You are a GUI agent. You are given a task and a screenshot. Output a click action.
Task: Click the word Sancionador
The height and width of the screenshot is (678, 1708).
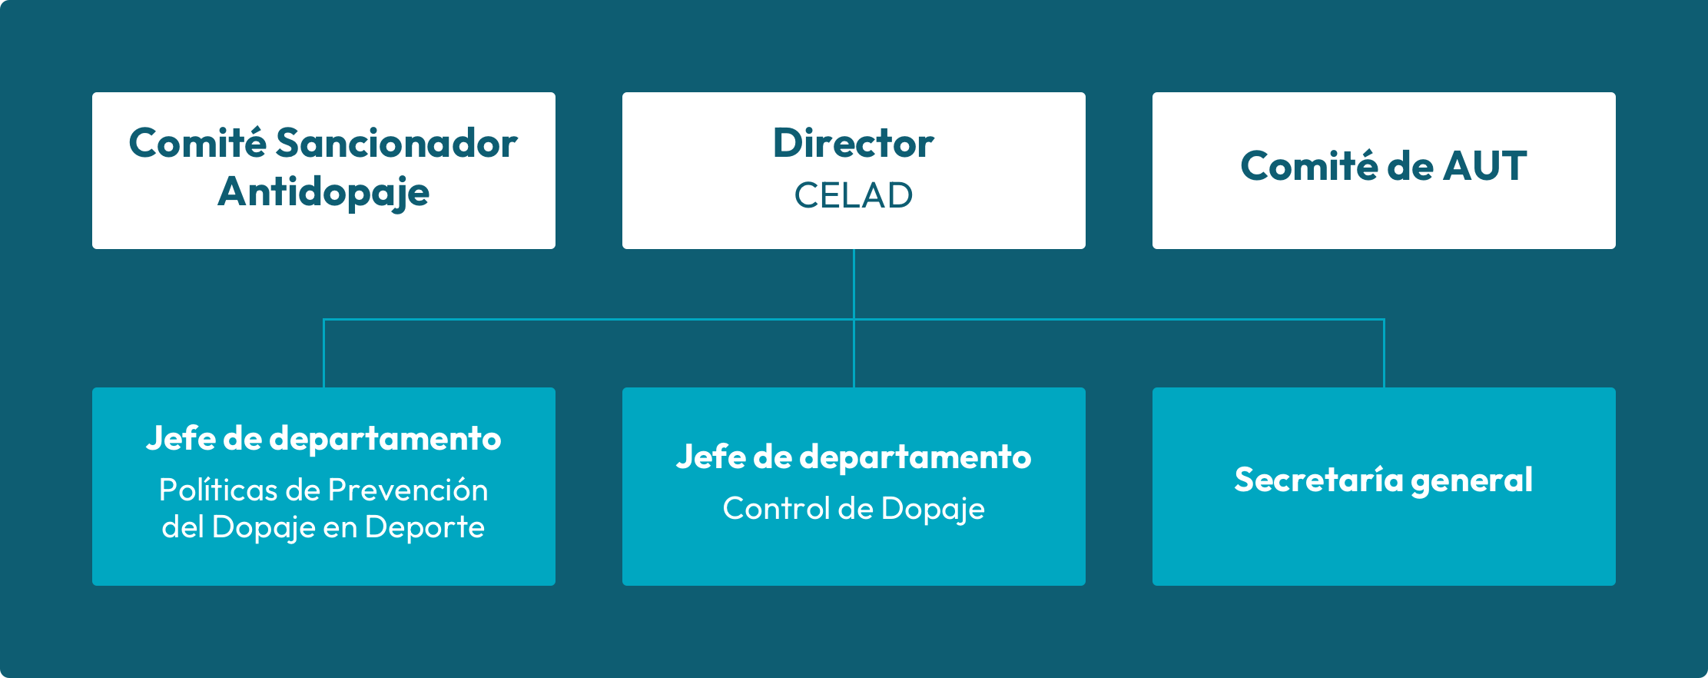pos(396,144)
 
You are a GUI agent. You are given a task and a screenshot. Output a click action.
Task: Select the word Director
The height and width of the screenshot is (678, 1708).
pos(854,144)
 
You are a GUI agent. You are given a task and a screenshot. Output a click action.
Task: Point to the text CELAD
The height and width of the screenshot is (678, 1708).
pos(854,195)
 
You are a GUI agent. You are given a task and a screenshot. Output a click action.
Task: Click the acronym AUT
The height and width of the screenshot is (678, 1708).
pos(1484,166)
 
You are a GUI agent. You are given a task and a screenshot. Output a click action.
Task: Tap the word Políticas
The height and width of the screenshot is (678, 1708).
pos(219,490)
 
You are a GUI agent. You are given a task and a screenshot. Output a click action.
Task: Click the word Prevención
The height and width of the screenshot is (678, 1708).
pos(408,490)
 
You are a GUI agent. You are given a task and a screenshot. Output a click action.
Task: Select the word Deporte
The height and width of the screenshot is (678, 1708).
pos(425,527)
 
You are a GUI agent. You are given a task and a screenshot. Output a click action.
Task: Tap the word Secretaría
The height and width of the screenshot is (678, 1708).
pos(1318,480)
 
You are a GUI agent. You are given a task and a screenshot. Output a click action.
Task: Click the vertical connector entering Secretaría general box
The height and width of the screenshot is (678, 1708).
pos(1384,353)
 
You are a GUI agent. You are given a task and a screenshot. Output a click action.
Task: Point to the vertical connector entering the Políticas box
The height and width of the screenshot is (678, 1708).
pos(323,353)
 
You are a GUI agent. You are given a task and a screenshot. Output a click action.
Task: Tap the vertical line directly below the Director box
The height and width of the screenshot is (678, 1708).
pos(854,318)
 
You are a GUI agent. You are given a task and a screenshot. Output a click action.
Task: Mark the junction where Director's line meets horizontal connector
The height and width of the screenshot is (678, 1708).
pos(854,319)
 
